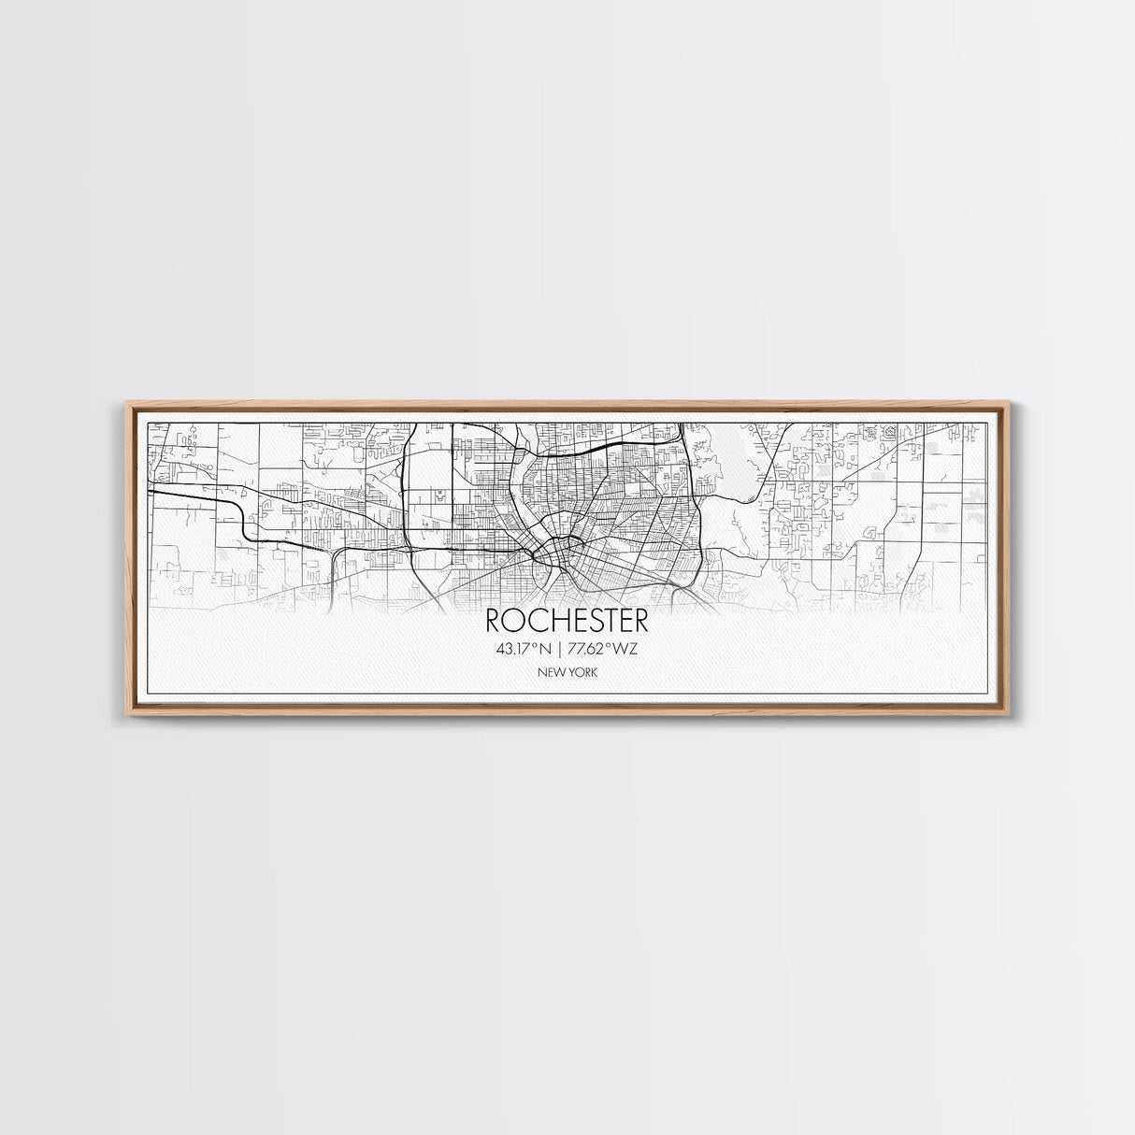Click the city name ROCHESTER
pyautogui.click(x=567, y=621)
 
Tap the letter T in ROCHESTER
pyautogui.click(x=603, y=621)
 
